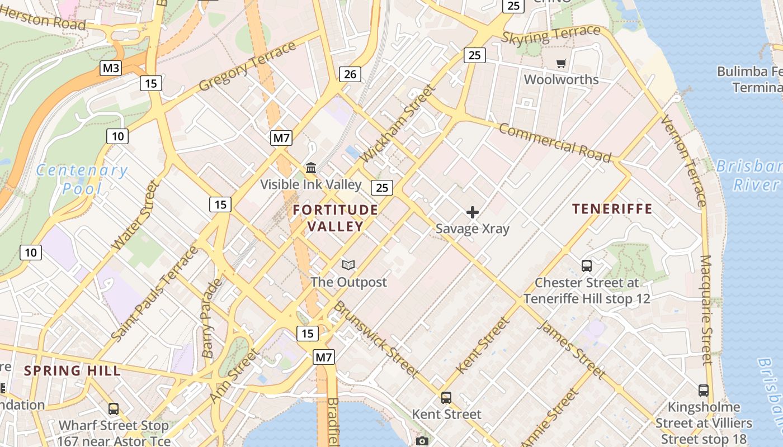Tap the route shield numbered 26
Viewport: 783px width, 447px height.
350,74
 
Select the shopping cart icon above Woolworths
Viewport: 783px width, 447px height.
561,63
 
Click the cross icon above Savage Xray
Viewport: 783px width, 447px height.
473,212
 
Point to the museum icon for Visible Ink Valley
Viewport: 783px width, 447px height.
310,168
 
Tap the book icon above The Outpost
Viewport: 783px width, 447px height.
348,265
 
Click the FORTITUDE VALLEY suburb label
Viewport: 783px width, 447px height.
335,218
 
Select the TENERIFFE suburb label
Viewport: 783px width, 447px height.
612,209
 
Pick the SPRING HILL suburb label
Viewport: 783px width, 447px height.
72,370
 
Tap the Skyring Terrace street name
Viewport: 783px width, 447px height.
551,35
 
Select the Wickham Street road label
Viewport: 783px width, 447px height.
398,123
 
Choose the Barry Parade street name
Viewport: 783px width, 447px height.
211,318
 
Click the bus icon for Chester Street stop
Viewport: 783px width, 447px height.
587,266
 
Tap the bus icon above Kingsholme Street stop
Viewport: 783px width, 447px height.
704,391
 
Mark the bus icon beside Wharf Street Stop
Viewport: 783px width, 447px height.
114,409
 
